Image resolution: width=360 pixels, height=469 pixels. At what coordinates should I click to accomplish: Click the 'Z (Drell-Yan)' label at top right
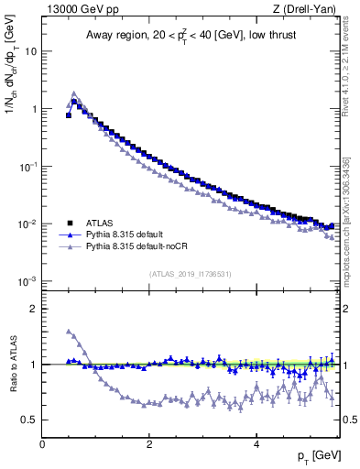307,10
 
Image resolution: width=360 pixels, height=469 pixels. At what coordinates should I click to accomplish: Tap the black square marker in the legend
69,223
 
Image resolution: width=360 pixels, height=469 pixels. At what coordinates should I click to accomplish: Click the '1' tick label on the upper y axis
35,109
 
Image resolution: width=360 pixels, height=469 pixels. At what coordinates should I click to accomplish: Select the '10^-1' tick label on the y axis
29,166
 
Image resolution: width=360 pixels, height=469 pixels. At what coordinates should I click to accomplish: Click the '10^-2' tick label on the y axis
29,224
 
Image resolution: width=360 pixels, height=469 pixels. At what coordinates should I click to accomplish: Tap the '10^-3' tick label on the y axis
29,281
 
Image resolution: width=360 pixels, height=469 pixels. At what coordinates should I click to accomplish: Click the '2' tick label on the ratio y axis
35,309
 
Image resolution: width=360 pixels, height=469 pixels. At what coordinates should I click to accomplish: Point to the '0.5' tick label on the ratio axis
30,420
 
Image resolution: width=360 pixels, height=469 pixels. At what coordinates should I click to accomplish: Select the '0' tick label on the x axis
42,444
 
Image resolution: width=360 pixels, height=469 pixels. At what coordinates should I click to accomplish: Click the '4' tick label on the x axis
256,444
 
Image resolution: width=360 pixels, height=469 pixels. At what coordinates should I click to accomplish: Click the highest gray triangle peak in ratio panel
69,331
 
